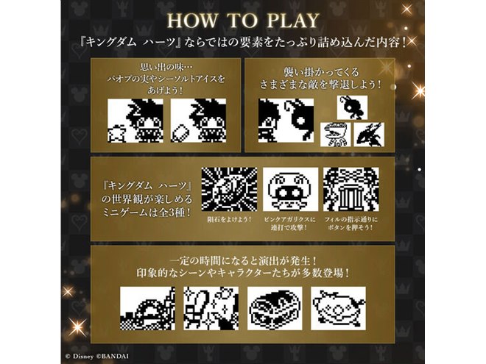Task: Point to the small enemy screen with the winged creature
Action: pos(370,134)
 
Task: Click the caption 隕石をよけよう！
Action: pos(228,218)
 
